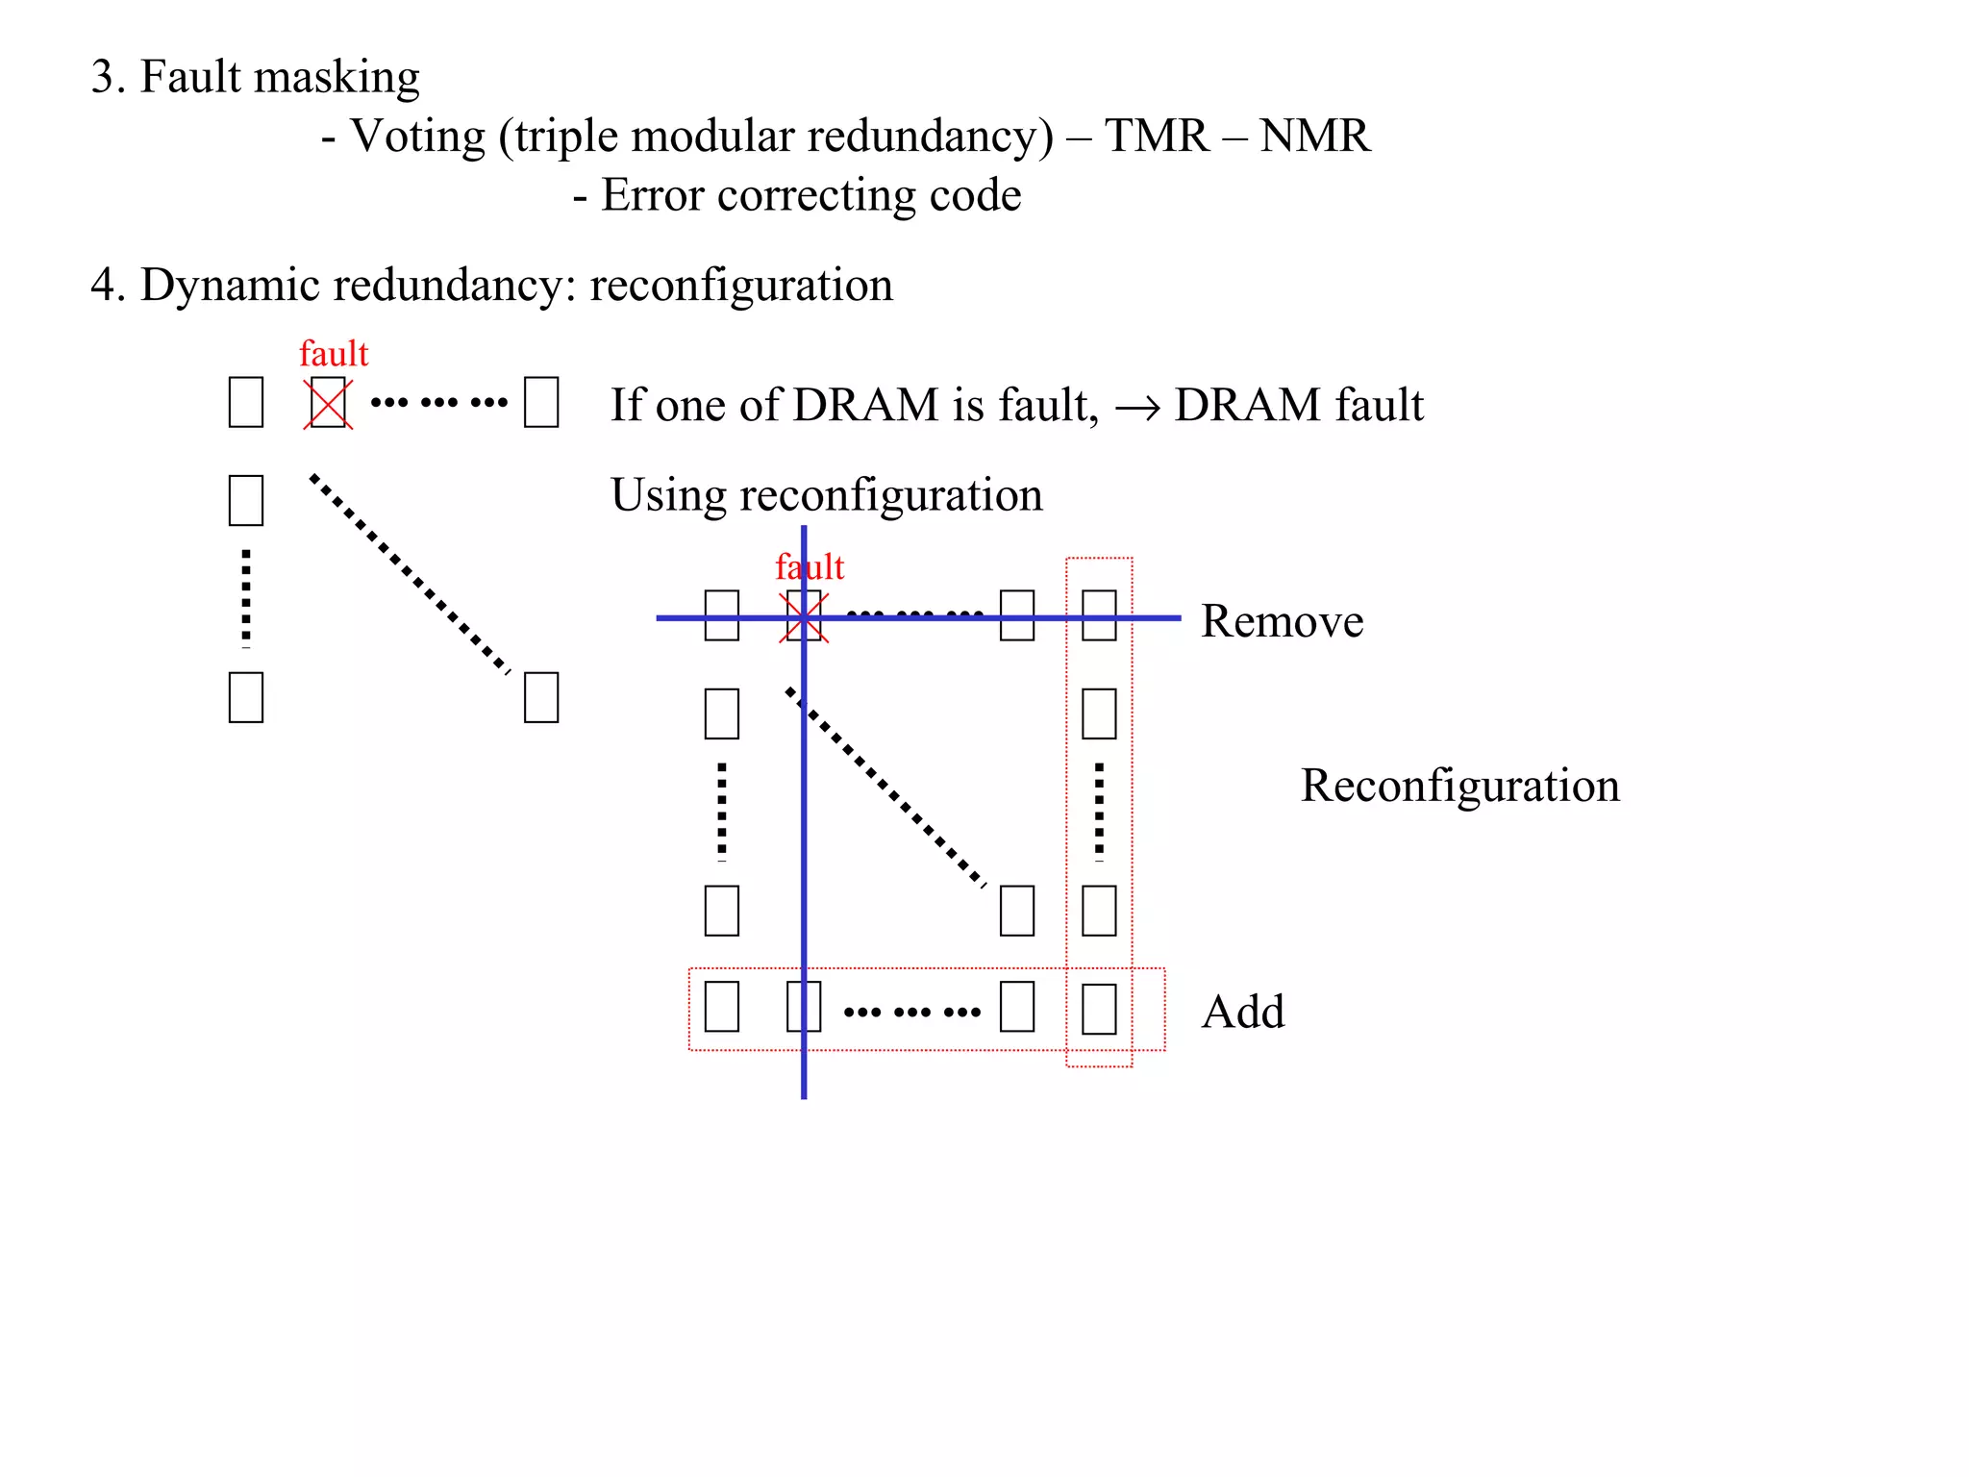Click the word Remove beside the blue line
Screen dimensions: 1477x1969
point(1282,621)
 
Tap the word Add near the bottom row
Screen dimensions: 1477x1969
point(1242,1012)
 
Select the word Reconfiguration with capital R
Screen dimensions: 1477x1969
point(1459,786)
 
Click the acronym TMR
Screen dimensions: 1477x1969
point(1157,136)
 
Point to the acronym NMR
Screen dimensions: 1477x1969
point(1314,136)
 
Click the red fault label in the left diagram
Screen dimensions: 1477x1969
point(334,354)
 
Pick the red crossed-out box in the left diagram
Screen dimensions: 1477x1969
point(328,404)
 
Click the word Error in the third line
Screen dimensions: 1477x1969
point(653,195)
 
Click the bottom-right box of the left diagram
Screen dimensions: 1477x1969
point(541,697)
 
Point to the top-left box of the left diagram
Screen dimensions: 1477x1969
point(246,403)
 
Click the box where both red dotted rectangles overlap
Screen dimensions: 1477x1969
point(1099,1009)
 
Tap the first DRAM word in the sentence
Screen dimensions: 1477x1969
point(865,405)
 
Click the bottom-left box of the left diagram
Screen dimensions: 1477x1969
point(246,697)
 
